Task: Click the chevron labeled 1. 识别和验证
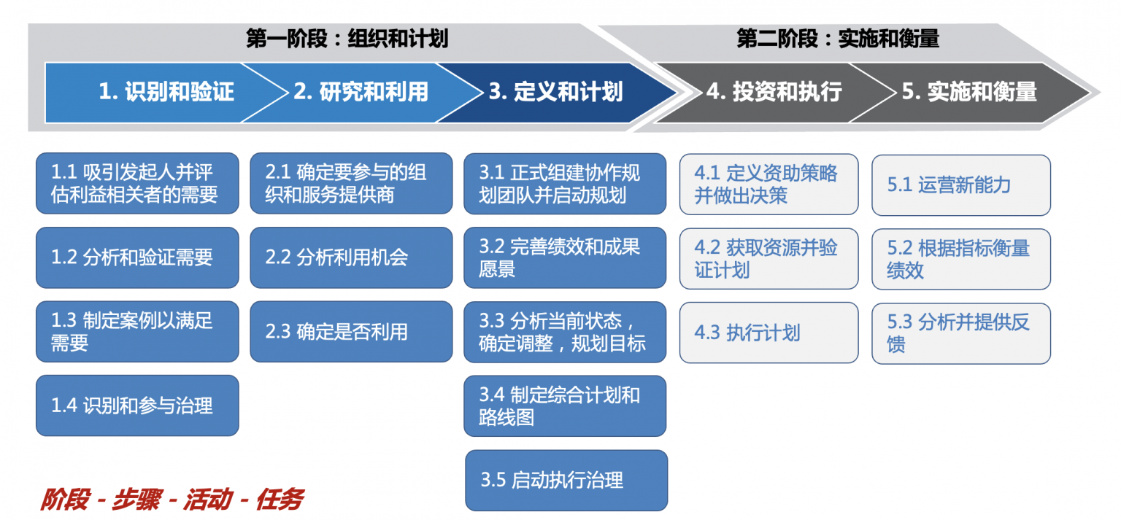coord(166,92)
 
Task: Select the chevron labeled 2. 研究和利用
coord(361,92)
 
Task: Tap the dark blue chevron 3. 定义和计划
coord(555,92)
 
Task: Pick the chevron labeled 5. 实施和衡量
coord(969,92)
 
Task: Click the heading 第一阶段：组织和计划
coord(347,39)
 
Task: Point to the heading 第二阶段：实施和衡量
coord(838,39)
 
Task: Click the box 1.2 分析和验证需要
coord(137,257)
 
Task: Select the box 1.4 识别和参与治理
coord(137,405)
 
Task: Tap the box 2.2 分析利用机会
coord(351,257)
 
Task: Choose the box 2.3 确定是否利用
coord(351,332)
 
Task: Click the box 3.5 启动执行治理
coord(566,480)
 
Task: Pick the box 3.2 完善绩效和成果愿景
coord(565,258)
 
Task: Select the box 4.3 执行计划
coord(768,333)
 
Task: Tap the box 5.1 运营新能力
coord(961,185)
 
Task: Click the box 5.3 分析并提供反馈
coord(961,333)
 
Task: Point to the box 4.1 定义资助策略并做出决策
coord(768,185)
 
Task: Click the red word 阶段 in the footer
coord(65,500)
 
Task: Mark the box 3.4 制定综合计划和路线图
coord(565,406)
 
